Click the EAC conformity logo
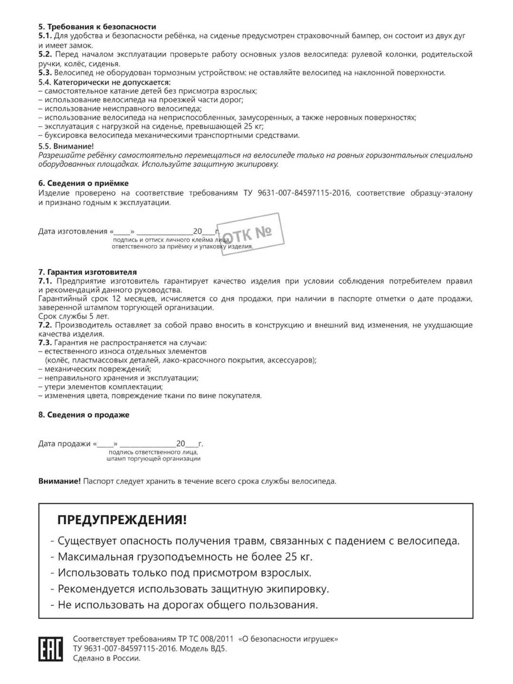point(50,649)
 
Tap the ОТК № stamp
point(250,233)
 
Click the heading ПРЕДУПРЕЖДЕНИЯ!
point(122,520)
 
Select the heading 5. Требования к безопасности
point(97,27)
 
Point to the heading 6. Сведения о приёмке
point(83,183)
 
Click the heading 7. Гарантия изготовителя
point(87,272)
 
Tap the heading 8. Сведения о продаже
point(84,415)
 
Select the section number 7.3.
point(45,342)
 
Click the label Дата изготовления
point(73,231)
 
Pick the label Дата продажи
point(65,444)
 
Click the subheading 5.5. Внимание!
point(66,146)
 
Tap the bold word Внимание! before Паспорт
point(59,481)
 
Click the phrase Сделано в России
point(106,658)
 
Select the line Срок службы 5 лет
point(74,316)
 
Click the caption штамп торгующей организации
point(153,459)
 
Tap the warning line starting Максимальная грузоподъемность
point(185,557)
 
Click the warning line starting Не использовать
point(188,605)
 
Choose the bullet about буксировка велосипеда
point(172,135)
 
